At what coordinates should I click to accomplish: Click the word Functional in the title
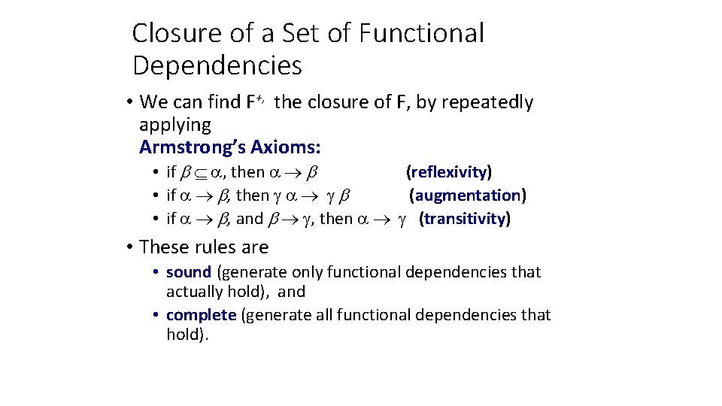point(422,33)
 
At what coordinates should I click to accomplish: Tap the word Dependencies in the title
point(217,66)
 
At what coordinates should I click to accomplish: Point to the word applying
point(175,124)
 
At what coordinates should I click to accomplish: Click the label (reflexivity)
point(449,172)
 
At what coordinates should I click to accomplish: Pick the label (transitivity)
point(465,219)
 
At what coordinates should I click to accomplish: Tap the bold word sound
point(189,271)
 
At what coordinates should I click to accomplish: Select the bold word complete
point(201,314)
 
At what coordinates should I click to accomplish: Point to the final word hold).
point(187,334)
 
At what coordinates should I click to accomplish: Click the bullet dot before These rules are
point(130,247)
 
